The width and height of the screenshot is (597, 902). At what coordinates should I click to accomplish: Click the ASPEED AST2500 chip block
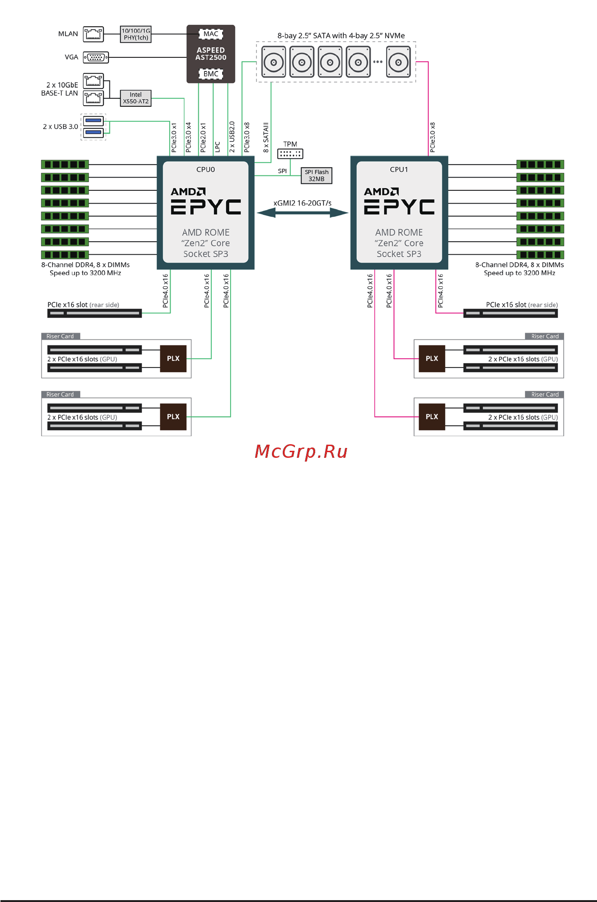210,54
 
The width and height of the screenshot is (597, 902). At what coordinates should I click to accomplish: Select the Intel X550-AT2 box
135,98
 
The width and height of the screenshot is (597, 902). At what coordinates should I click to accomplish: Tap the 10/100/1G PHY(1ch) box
136,34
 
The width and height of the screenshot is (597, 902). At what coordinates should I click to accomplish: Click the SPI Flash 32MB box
316,175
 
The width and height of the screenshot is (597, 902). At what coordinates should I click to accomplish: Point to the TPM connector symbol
290,154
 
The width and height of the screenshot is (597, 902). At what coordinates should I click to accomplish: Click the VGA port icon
96,57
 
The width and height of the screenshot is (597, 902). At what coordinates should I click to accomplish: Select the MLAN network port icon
93,34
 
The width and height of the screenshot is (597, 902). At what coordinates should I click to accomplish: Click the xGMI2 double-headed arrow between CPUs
302,213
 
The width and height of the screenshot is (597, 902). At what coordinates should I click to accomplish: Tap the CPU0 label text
205,170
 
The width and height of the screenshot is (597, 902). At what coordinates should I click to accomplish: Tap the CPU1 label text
399,170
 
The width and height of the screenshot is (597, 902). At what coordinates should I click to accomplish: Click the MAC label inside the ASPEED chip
210,34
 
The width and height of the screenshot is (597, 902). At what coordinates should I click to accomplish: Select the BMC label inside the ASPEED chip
210,74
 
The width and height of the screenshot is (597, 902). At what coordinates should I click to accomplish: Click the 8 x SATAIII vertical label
266,137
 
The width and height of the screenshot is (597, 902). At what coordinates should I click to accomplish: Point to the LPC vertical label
217,147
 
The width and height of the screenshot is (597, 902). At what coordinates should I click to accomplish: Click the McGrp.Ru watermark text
301,452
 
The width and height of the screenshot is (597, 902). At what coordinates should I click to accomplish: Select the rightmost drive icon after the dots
398,62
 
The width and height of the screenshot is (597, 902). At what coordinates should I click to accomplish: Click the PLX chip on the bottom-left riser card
173,417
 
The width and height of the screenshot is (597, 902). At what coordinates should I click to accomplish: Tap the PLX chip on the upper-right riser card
432,359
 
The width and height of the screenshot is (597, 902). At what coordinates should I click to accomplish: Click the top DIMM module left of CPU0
65,165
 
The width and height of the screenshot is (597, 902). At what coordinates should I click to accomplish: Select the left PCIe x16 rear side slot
94,313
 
